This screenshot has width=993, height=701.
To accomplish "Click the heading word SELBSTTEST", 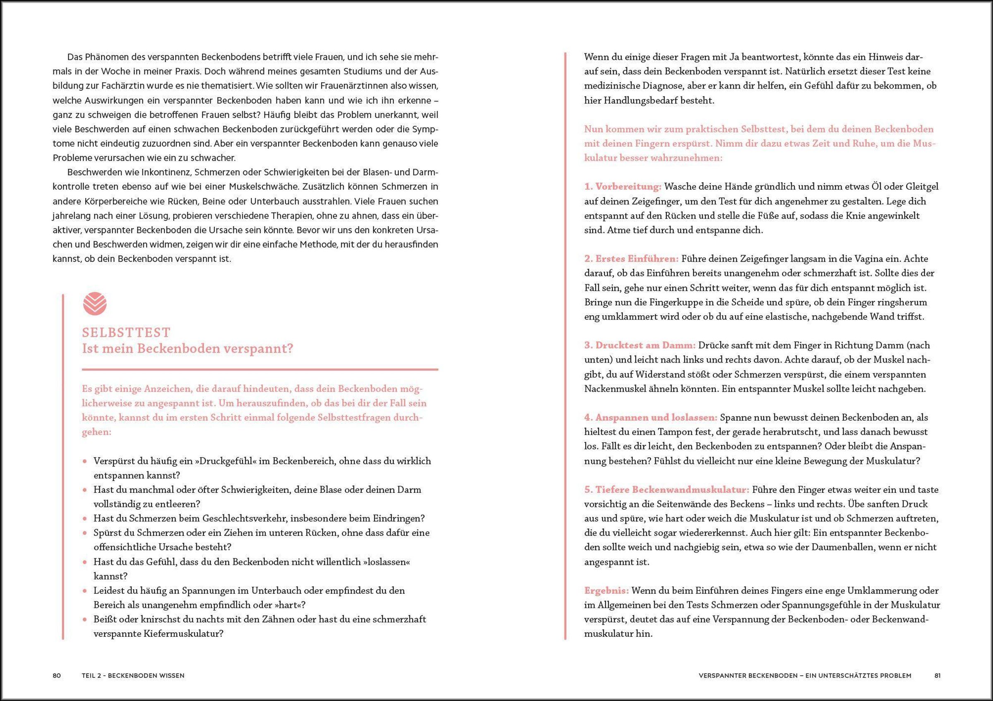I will click(126, 333).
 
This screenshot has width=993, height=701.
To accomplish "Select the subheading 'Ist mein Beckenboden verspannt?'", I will click(187, 348).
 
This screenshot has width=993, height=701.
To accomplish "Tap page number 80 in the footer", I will click(57, 675).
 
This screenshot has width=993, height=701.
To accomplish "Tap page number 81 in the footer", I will click(937, 675).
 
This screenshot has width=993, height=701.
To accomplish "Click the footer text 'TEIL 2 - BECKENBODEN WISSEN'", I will click(133, 675).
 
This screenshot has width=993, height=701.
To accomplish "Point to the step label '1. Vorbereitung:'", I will click(623, 187).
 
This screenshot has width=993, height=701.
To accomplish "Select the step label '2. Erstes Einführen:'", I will click(631, 259).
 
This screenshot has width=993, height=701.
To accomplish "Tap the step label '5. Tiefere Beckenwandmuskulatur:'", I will click(667, 490).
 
